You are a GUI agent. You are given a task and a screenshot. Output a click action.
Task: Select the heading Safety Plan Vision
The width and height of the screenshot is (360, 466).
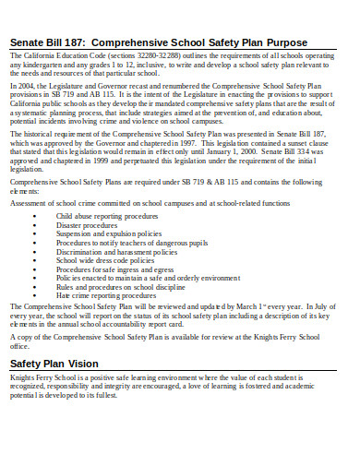coord(54,364)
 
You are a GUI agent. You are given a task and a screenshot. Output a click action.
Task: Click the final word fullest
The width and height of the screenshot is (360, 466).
coord(105,394)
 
